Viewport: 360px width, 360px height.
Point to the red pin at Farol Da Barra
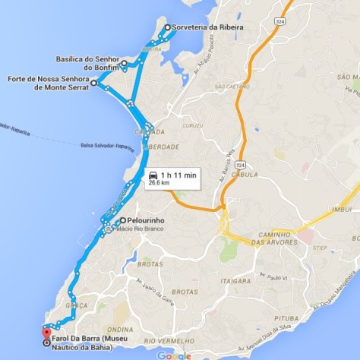click(x=46, y=331)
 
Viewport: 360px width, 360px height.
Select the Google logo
click(x=175, y=355)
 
